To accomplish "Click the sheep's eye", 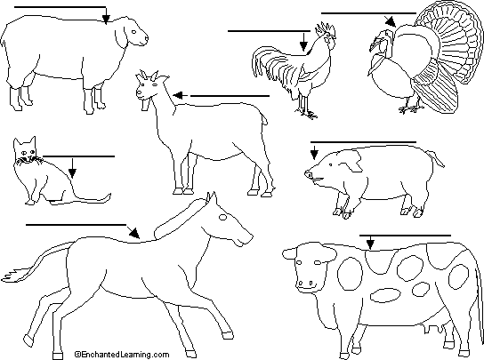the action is coord(134,31).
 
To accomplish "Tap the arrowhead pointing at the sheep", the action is coord(106,20).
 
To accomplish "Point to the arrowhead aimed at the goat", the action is coord(178,96).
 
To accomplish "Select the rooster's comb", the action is coord(325,28).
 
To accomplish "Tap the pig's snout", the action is coord(309,174).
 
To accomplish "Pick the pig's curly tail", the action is coord(435,158).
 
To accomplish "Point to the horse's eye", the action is coord(222,217).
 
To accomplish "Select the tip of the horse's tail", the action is coord(4,277).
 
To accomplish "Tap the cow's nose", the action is coord(305,283).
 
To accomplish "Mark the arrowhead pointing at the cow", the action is coord(370,244).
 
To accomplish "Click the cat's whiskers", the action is coord(29,161).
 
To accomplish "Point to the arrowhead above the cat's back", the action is coord(72,173).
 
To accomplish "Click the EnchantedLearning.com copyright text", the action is coord(122,355).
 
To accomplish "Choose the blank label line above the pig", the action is coord(363,142).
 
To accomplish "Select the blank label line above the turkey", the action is coord(368,13).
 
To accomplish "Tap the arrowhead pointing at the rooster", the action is coord(303,46).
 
